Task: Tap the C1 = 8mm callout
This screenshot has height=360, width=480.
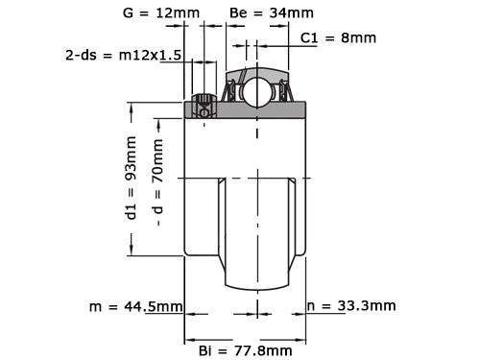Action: coord(338,37)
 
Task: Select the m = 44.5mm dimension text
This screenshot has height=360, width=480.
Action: coord(135,307)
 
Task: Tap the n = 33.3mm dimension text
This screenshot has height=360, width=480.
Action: coord(350,307)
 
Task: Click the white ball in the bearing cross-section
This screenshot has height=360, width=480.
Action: coord(257,93)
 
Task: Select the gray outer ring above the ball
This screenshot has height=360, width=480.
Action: coord(256,73)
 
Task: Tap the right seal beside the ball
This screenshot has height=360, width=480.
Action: coord(282,92)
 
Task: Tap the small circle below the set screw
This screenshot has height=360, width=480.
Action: coord(204,112)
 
